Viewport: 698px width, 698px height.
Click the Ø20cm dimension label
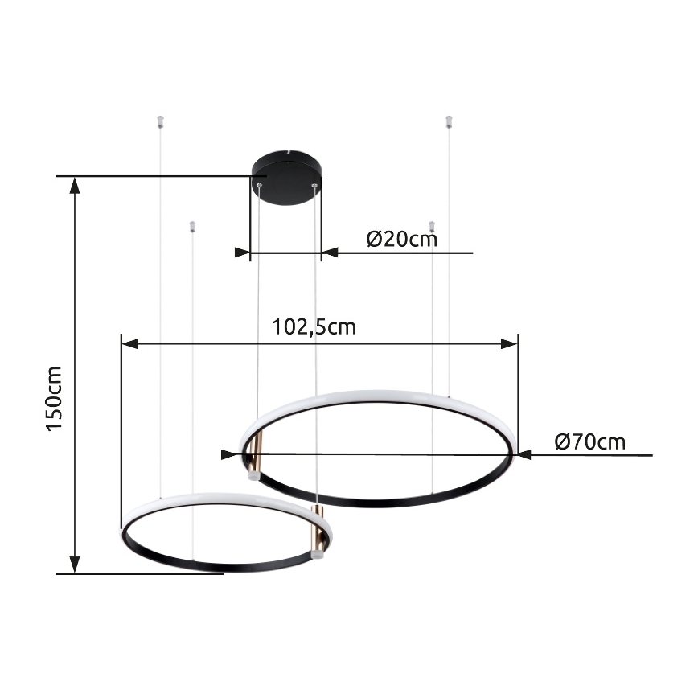401,239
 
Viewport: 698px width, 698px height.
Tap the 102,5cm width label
314,327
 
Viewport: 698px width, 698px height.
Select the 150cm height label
54,399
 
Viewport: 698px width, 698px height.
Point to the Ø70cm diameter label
590,441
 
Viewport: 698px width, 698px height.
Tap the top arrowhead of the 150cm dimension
75,186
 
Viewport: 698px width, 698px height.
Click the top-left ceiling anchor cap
159,122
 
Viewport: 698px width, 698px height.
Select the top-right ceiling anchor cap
449,122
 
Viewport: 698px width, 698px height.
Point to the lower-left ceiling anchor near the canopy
191,227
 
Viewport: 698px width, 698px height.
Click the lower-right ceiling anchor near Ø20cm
432,227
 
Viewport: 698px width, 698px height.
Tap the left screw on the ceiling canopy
259,187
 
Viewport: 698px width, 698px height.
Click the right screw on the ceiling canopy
314,187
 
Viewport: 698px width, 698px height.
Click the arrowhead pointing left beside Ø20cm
330,253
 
